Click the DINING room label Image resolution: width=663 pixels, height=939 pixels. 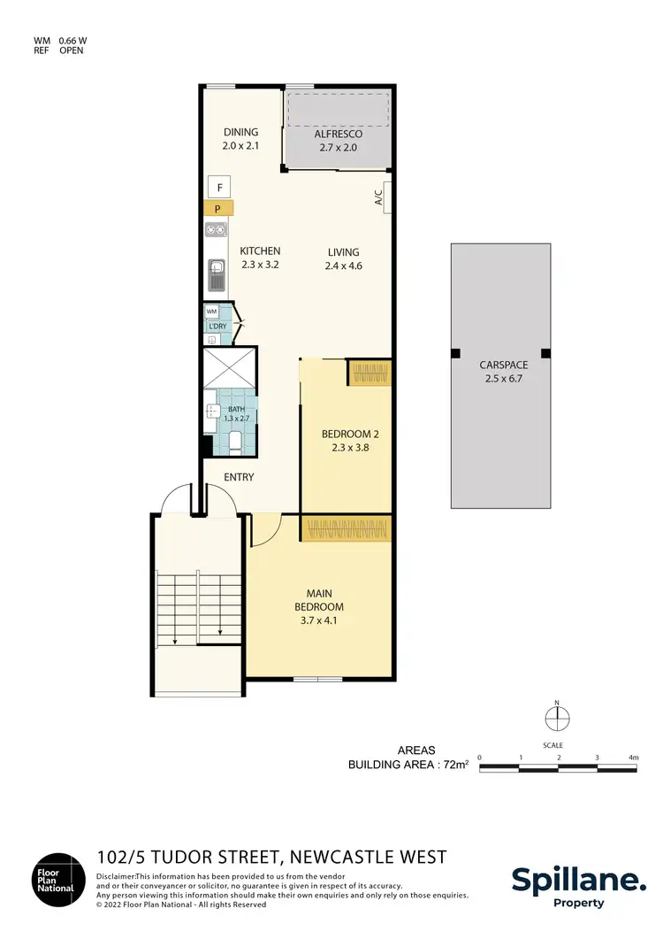(x=240, y=133)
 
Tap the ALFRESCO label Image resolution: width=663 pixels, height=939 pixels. (x=339, y=134)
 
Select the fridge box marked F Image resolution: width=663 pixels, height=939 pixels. (x=218, y=188)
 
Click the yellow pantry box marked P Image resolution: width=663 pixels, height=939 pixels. (x=218, y=209)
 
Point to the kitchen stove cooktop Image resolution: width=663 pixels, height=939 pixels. (x=215, y=231)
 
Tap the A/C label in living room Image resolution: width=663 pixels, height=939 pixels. (x=378, y=196)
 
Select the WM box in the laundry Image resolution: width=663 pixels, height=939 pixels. (x=212, y=312)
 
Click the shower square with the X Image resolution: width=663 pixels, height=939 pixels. (x=230, y=367)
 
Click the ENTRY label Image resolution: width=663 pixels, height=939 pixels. (x=239, y=478)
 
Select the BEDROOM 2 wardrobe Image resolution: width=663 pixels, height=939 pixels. (x=370, y=373)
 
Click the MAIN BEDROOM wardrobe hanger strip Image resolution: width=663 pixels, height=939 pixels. (x=346, y=529)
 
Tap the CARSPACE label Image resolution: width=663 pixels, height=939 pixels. (x=500, y=365)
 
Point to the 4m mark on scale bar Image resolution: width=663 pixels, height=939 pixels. (x=633, y=758)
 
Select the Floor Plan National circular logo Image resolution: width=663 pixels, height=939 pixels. (x=59, y=880)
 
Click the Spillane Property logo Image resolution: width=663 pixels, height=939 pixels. (x=578, y=885)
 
